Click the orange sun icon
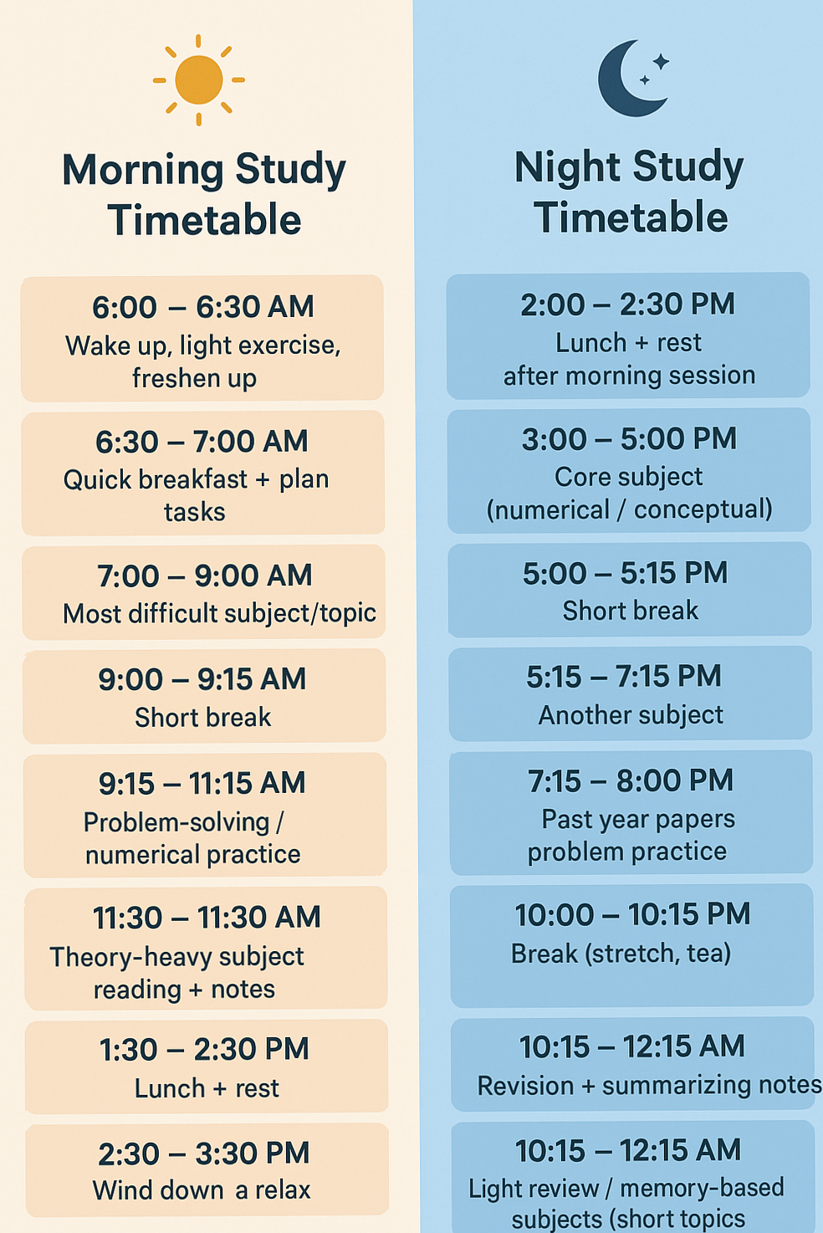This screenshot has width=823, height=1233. [x=199, y=80]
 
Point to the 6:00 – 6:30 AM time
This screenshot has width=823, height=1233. [x=203, y=307]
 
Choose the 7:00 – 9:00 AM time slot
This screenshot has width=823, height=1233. [x=205, y=576]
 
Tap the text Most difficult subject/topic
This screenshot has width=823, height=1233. [x=219, y=614]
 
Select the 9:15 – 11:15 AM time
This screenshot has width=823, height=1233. [x=202, y=784]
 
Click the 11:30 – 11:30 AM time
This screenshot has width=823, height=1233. [x=207, y=918]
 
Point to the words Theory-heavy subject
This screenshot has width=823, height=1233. [x=176, y=957]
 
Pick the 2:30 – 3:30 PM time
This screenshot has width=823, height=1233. [x=204, y=1154]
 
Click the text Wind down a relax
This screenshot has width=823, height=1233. [x=202, y=1190]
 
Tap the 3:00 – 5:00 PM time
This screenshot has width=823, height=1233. [x=629, y=439]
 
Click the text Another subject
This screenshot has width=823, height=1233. [x=631, y=715]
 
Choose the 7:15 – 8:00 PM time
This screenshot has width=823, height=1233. [x=631, y=781]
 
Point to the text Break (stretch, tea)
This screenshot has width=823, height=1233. [x=621, y=954]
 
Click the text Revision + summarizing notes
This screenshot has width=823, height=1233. [x=649, y=1086]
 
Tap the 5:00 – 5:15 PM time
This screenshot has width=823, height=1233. [x=626, y=574]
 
